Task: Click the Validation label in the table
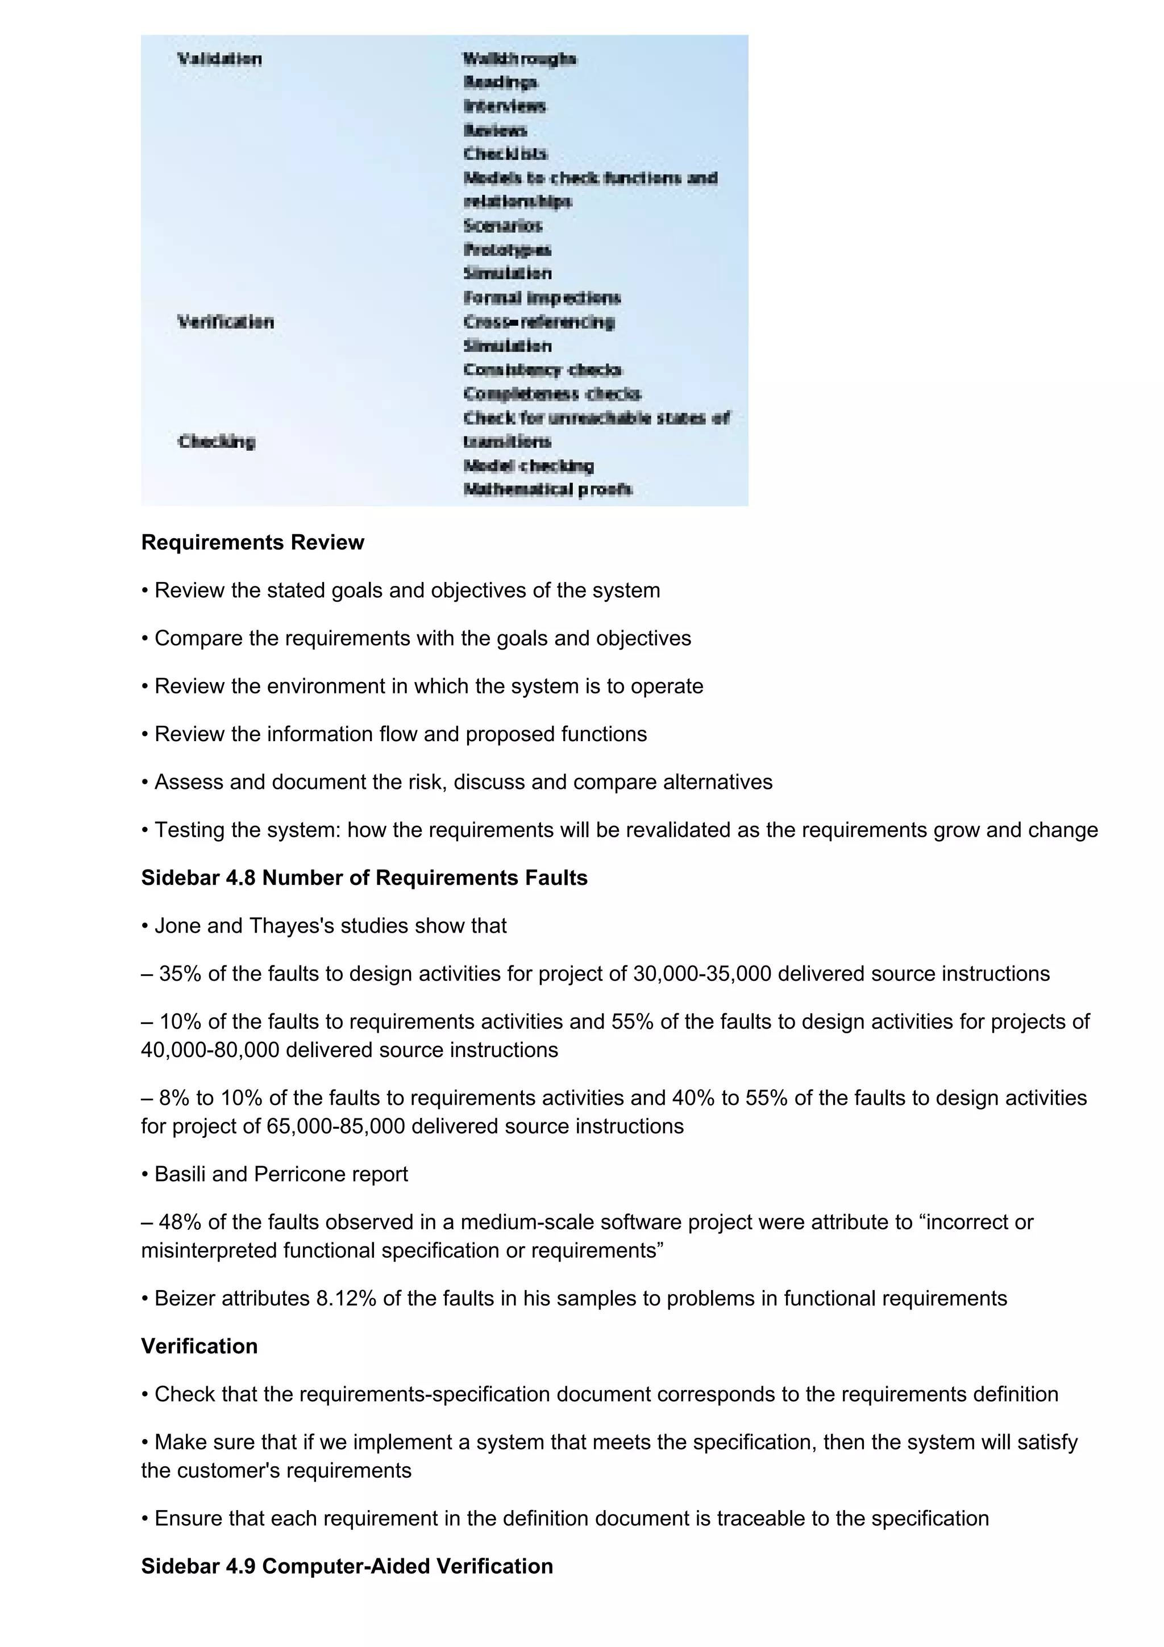coord(219,59)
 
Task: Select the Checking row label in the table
coord(217,441)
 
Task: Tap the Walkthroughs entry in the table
coord(519,59)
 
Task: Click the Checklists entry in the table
coord(505,153)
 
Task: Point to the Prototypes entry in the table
coord(507,249)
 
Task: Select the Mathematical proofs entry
coord(547,489)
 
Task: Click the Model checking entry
coord(529,465)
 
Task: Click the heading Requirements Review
coord(252,542)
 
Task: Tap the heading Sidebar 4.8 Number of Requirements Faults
coord(364,878)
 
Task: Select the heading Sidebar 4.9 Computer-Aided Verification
coord(347,1566)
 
